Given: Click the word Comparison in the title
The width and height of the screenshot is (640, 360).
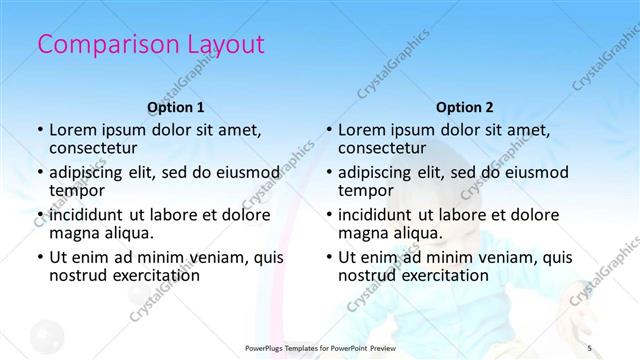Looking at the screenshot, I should click(x=98, y=44).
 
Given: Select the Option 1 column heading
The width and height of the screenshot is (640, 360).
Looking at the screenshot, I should click(x=176, y=107).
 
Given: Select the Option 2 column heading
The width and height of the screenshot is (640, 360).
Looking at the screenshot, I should click(x=465, y=107).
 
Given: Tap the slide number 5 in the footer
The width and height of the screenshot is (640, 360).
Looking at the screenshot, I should click(x=590, y=347).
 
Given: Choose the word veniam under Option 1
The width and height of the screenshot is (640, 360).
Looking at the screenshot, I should click(x=208, y=256).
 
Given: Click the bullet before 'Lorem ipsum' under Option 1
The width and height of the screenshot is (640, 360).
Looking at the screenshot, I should click(x=39, y=130).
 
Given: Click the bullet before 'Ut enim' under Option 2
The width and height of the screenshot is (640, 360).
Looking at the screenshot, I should click(x=328, y=256).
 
